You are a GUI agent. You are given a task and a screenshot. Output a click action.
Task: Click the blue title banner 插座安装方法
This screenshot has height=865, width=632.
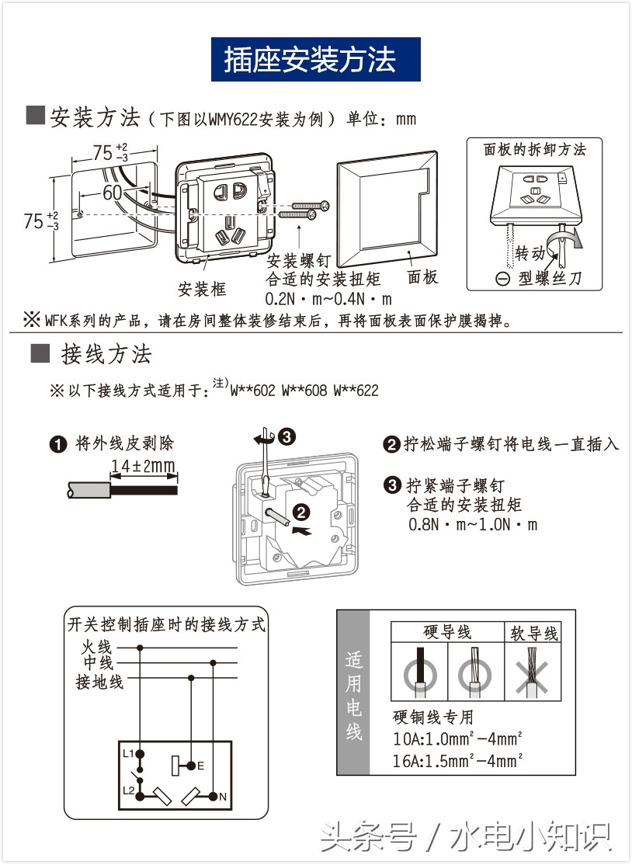point(316,60)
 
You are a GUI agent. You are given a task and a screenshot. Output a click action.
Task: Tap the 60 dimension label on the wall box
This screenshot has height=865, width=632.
point(113,192)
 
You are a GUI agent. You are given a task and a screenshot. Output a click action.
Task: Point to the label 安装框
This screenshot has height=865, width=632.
point(202,290)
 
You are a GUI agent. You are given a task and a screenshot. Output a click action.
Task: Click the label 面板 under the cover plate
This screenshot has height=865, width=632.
point(423,277)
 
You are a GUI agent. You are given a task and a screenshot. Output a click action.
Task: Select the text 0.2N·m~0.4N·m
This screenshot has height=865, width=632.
point(328,298)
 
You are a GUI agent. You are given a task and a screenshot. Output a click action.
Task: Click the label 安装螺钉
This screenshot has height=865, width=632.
point(300,262)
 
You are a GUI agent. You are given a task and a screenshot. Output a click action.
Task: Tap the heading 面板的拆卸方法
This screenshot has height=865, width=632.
point(535,150)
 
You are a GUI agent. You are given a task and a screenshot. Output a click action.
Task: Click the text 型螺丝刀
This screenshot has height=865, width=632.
point(549,279)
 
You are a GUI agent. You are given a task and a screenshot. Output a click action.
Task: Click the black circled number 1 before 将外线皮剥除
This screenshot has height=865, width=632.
point(58,445)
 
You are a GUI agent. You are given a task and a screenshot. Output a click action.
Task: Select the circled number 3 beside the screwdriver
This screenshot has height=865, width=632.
point(286,436)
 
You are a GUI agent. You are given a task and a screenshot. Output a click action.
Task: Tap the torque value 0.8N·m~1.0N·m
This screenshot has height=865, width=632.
point(473,524)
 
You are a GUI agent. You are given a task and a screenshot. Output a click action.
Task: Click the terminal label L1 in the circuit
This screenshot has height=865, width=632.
point(127,753)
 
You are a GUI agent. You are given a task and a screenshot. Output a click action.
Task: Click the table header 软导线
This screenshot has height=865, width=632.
point(534,634)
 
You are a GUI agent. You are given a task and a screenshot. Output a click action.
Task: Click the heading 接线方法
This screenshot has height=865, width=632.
point(106,355)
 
